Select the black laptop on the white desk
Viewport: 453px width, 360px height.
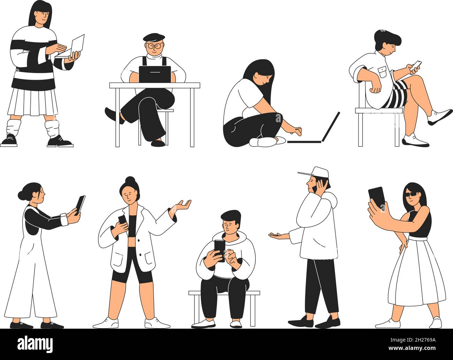point(155,74)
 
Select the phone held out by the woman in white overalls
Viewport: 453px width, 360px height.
point(80,204)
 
